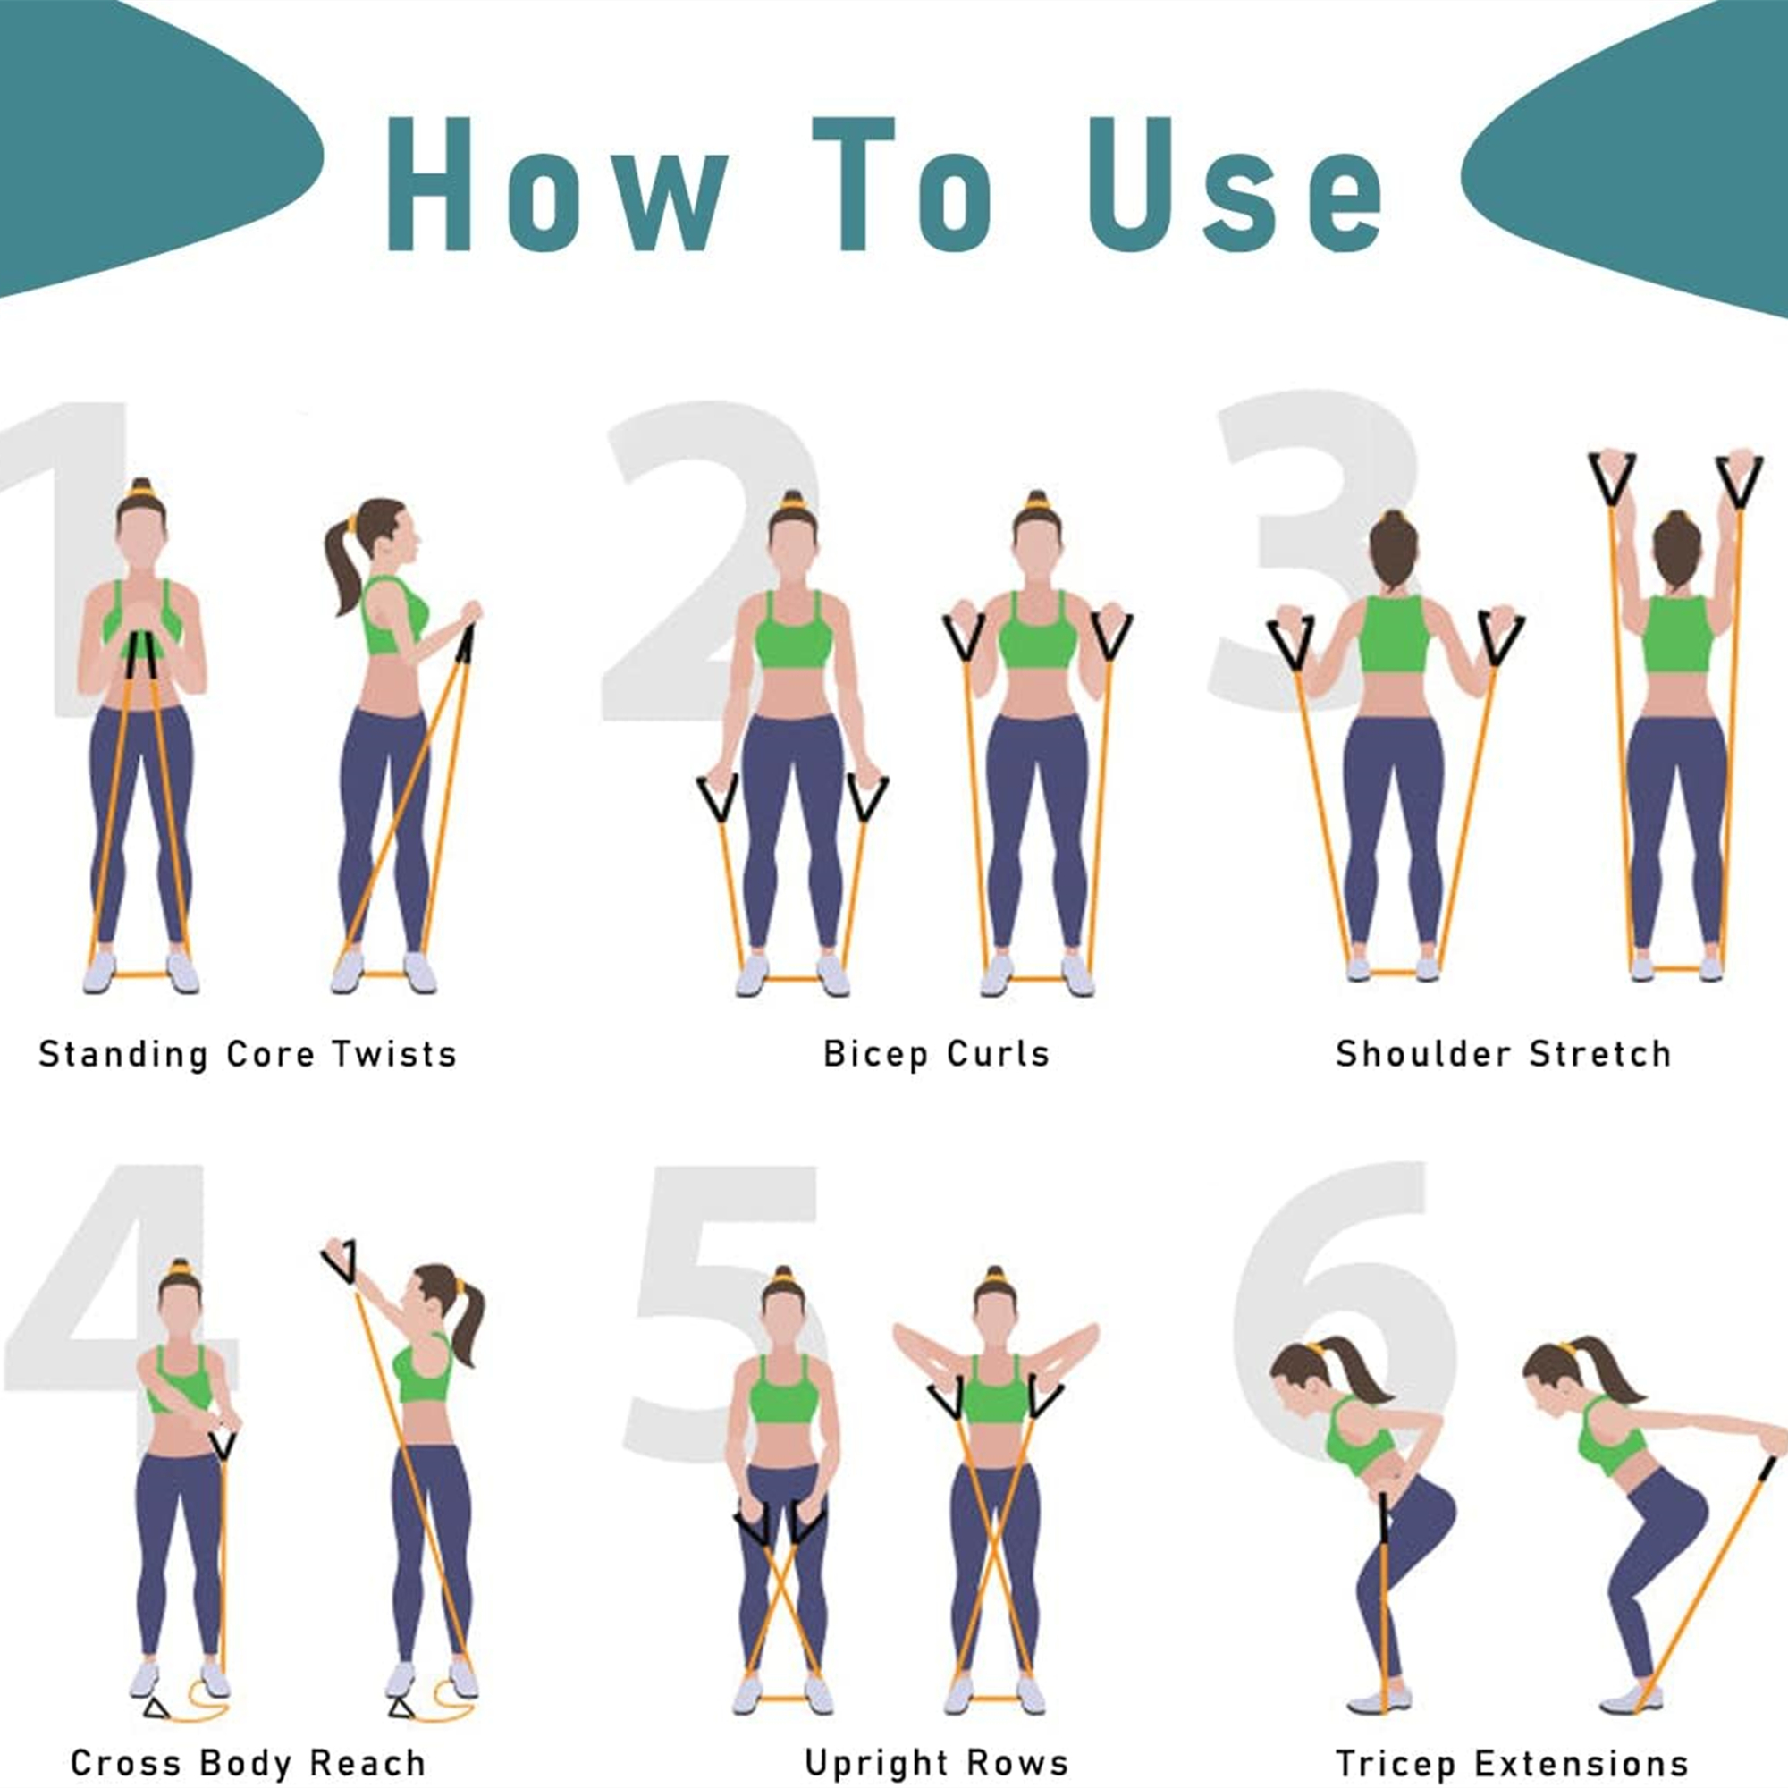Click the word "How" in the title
click(x=555, y=185)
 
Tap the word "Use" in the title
click(x=1236, y=185)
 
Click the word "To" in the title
click(x=902, y=185)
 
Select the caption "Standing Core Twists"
click(x=248, y=1054)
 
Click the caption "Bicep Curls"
click(x=937, y=1054)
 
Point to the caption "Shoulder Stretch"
click(x=1503, y=1054)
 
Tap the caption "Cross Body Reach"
click(x=248, y=1763)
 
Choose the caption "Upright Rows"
click(x=937, y=1763)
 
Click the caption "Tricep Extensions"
click(x=1511, y=1763)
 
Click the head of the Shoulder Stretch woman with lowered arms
click(x=1393, y=551)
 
